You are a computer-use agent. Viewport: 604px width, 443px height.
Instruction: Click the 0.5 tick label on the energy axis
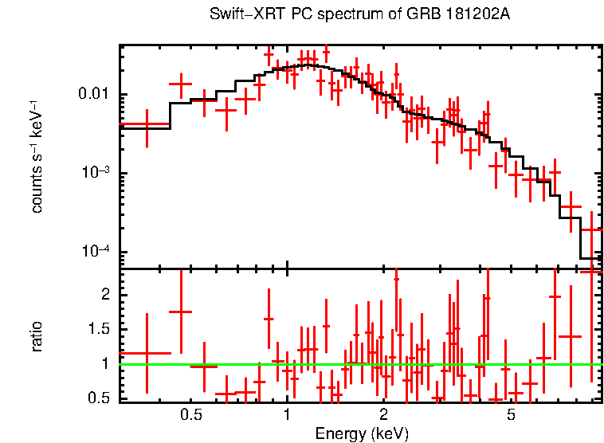coord(190,415)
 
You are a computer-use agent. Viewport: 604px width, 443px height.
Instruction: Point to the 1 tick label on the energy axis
coord(287,415)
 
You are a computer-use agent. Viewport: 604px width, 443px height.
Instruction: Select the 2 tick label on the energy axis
coord(383,415)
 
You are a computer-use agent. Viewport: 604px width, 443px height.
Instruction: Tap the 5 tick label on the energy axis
coord(511,415)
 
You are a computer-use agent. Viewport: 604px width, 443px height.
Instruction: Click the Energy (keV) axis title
coord(362,433)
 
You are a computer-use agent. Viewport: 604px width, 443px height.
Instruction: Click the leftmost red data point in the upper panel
coord(147,124)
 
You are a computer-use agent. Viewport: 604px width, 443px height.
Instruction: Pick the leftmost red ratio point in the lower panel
coord(147,352)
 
